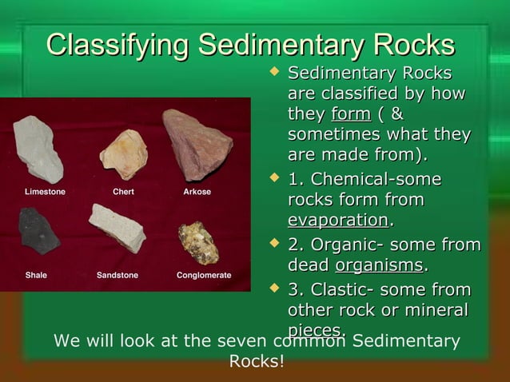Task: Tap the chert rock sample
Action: (124, 153)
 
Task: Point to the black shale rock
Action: (38, 231)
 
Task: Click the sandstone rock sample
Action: (117, 228)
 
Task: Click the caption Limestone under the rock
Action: (45, 192)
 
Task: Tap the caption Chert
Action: (123, 192)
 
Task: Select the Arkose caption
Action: (197, 192)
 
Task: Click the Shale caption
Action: (36, 275)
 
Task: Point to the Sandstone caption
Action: (118, 275)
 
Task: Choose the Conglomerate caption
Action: (204, 275)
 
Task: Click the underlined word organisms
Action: (380, 265)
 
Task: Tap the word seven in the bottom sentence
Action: (242, 341)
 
